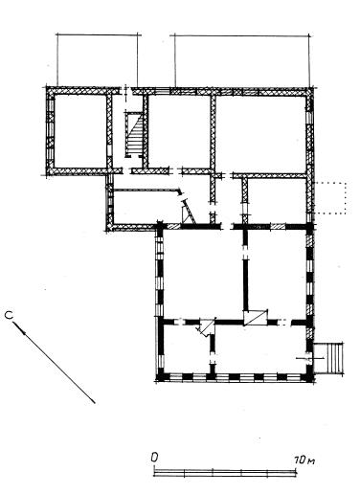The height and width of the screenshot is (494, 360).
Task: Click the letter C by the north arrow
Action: click(9, 316)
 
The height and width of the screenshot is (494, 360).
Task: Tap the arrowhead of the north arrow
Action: click(19, 327)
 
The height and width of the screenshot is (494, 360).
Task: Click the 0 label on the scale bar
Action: click(154, 458)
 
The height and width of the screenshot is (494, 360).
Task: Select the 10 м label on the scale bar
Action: click(304, 460)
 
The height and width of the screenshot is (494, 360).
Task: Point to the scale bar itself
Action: click(225, 473)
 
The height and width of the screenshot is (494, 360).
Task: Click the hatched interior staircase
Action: click(134, 134)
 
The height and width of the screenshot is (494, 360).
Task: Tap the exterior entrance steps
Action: click(329, 357)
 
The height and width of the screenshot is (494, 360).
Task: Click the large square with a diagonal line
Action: click(255, 317)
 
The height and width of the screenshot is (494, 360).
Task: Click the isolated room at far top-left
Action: click(80, 131)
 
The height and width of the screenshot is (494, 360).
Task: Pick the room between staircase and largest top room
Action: click(179, 131)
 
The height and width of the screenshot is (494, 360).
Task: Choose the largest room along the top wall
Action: click(261, 134)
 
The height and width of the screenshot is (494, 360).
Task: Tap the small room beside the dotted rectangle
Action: click(277, 200)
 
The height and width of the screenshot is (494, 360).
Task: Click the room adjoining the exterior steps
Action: click(260, 348)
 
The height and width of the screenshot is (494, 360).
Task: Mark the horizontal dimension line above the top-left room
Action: click(99, 34)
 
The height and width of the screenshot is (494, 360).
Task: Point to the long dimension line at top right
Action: click(241, 35)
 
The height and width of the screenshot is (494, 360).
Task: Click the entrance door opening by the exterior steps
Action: click(309, 358)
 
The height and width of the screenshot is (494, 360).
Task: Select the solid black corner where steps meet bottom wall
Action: click(309, 377)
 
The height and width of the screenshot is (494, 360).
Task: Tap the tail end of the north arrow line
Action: click(95, 403)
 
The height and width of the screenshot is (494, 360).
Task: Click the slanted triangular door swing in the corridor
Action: click(189, 212)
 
